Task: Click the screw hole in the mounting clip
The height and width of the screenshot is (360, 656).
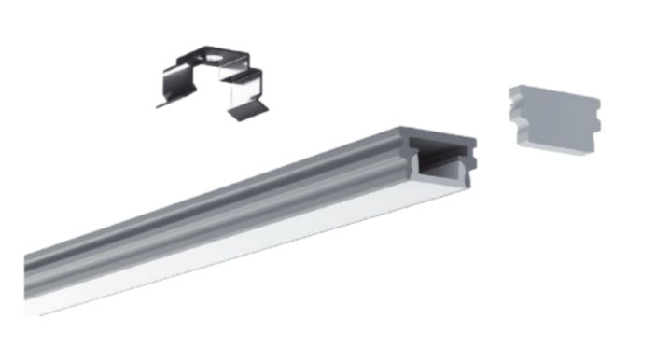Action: [213, 59]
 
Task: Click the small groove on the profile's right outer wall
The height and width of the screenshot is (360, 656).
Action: [472, 164]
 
